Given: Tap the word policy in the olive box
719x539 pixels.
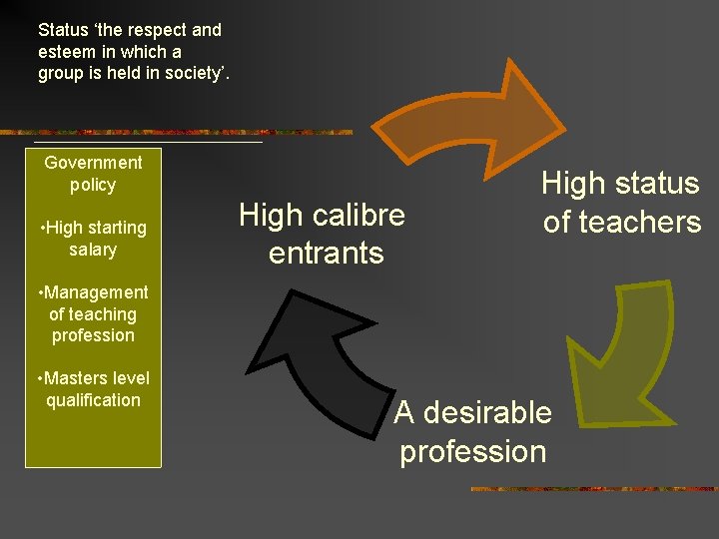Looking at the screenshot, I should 93,185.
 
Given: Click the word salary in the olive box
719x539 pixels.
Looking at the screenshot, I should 93,250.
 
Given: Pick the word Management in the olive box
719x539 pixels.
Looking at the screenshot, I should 95,292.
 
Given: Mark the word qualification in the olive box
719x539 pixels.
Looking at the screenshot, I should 93,400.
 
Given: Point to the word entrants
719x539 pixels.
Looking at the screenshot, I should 326,253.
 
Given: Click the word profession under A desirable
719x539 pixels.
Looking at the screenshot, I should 472,451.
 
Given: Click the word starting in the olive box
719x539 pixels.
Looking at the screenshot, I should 117,228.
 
